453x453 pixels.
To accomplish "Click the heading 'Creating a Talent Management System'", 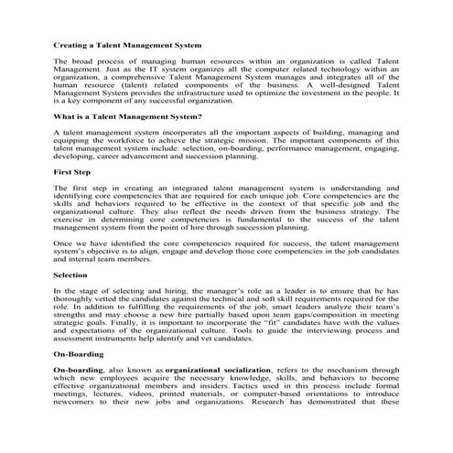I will (x=127, y=44).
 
